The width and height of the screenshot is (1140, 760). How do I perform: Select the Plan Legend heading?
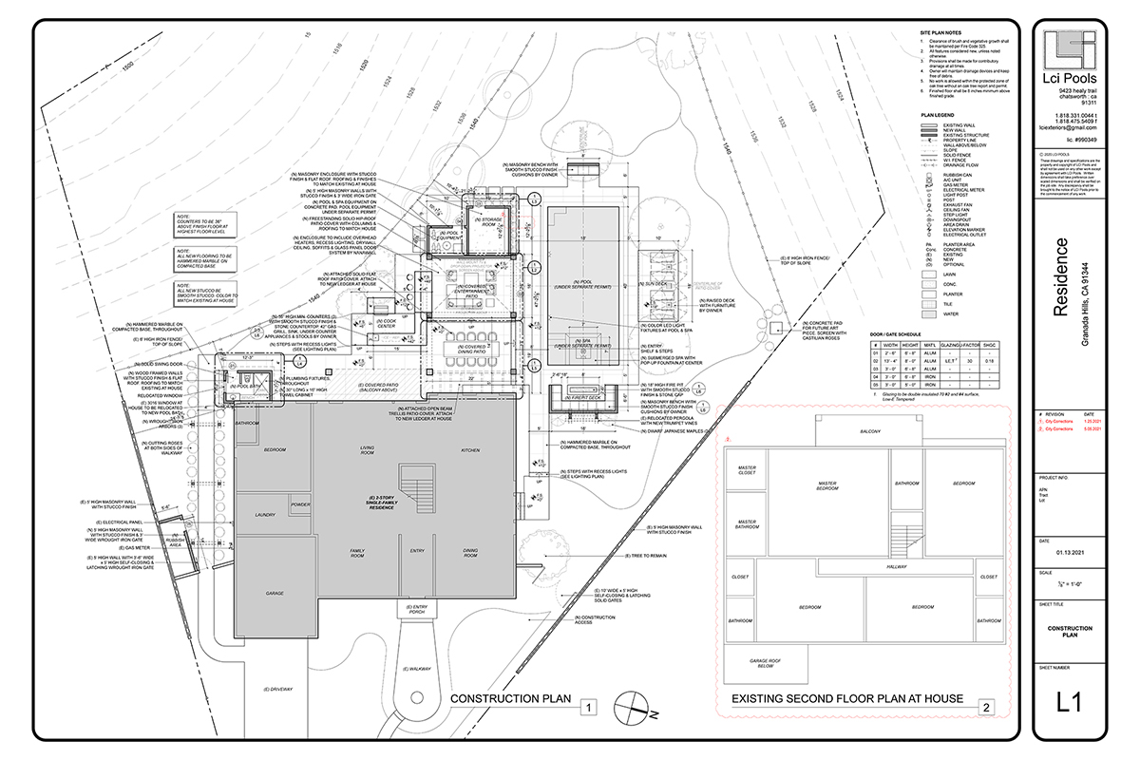[936, 114]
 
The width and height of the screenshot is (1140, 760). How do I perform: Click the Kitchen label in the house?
[470, 449]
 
